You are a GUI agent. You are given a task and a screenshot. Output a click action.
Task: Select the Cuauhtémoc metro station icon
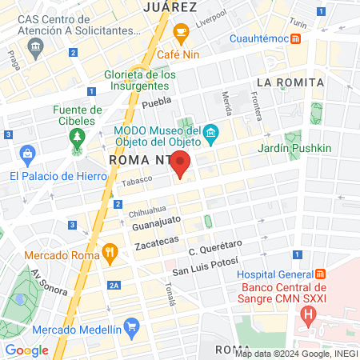[297, 38]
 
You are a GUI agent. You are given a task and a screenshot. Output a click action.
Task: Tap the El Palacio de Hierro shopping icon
[28, 154]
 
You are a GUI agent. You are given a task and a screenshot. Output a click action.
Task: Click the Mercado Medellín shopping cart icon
[132, 326]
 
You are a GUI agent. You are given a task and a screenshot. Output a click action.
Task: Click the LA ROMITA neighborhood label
[290, 82]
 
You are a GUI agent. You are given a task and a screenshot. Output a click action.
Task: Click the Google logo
[26, 350]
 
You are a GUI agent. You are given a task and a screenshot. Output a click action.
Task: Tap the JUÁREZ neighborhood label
[170, 6]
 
